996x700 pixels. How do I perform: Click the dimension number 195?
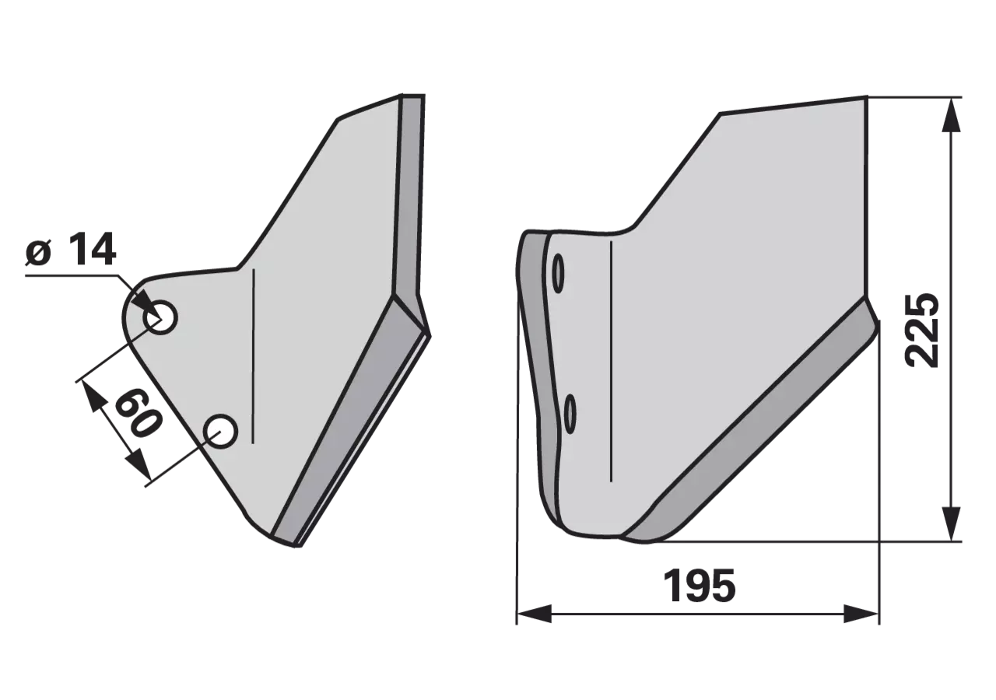pyautogui.click(x=700, y=586)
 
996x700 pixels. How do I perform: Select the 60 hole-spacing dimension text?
pyautogui.click(x=137, y=412)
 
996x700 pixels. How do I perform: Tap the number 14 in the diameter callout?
pyautogui.click(x=93, y=249)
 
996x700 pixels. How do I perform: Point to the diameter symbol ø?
pyautogui.click(x=39, y=253)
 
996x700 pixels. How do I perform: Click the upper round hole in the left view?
pyautogui.click(x=160, y=317)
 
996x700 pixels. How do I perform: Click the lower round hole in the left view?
pyautogui.click(x=220, y=431)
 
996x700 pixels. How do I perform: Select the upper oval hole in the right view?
pyautogui.click(x=559, y=273)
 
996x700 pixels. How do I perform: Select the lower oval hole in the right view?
pyautogui.click(x=570, y=413)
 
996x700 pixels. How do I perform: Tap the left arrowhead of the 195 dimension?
pyautogui.click(x=534, y=614)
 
